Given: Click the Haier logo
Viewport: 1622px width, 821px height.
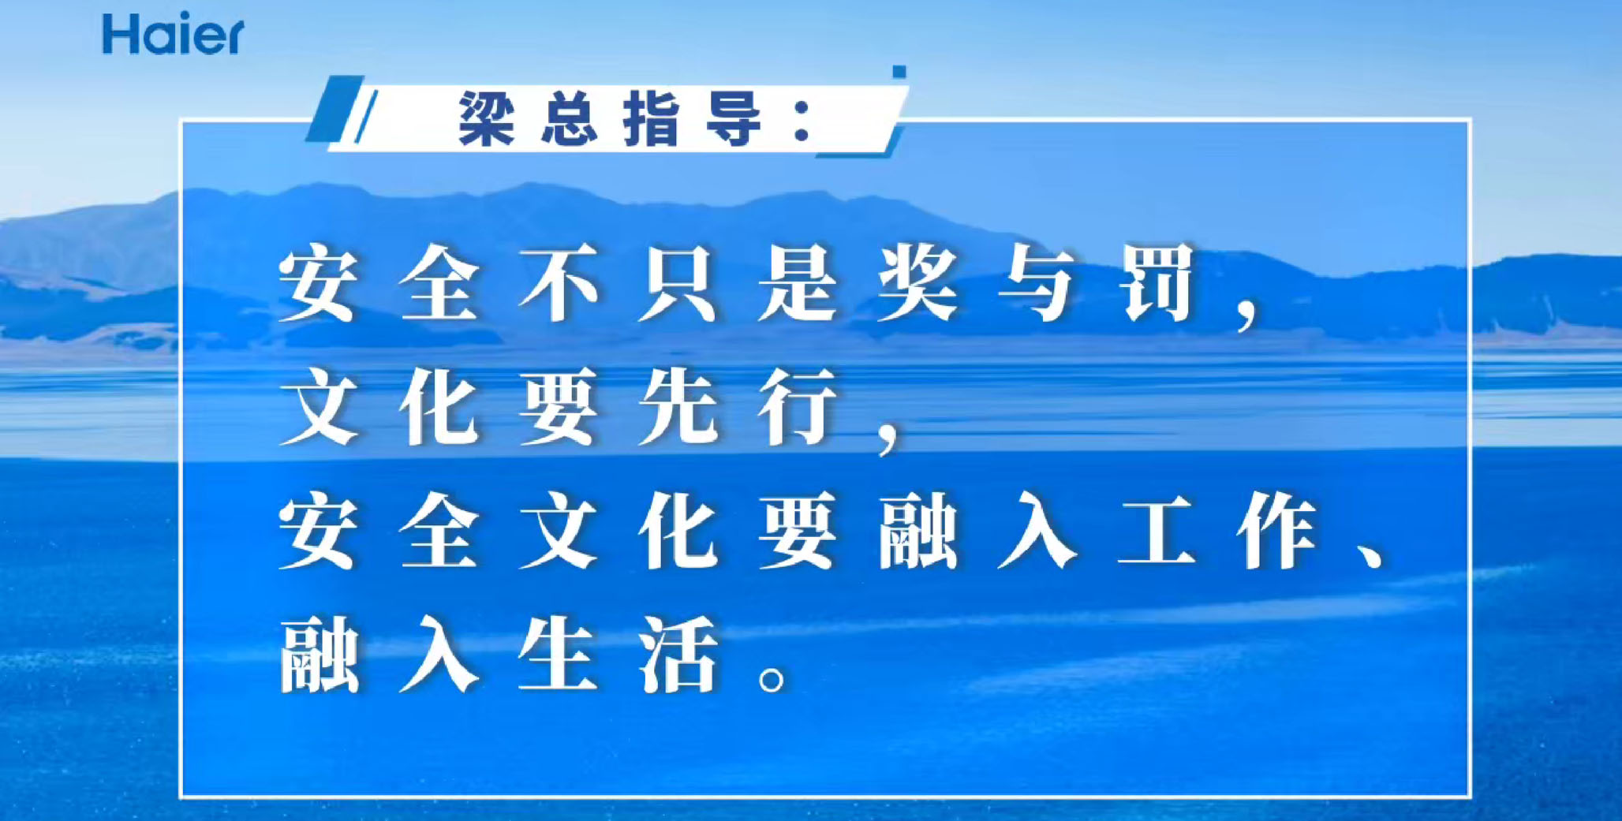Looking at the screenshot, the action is click(173, 34).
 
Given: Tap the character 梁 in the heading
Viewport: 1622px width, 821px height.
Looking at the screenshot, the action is click(487, 118).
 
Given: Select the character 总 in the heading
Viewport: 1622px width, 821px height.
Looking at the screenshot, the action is click(570, 118).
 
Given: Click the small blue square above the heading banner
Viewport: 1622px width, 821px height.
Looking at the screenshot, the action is click(899, 72).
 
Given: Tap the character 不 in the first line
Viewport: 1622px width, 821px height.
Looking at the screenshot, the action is click(559, 283).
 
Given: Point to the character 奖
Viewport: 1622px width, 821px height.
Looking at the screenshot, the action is click(918, 283).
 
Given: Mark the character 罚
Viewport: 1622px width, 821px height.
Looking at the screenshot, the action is click(1157, 283).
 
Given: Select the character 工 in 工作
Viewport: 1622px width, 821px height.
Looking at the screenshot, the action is click(1157, 530).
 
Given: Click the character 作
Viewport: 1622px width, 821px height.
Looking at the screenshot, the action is click(1277, 530).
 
